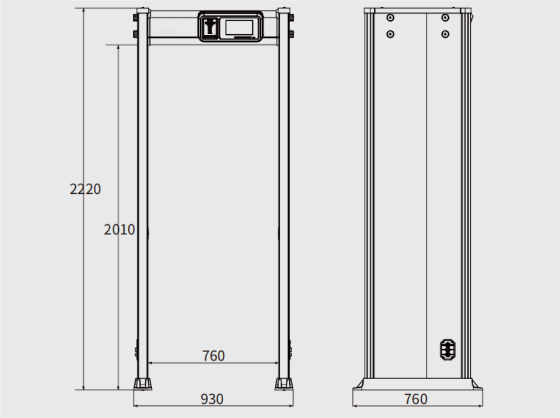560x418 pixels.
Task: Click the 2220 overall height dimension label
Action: (x=85, y=189)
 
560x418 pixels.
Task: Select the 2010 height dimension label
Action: (x=119, y=229)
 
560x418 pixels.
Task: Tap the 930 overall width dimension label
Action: (x=212, y=399)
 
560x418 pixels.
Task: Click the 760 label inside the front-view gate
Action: (x=213, y=356)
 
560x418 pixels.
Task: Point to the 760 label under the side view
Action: (x=416, y=399)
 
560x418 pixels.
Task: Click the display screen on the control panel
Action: (x=239, y=27)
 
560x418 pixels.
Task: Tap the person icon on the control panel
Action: (x=210, y=27)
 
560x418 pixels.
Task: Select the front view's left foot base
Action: (x=143, y=384)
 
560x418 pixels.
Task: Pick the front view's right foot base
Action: (x=284, y=384)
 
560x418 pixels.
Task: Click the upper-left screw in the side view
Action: (x=390, y=17)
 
